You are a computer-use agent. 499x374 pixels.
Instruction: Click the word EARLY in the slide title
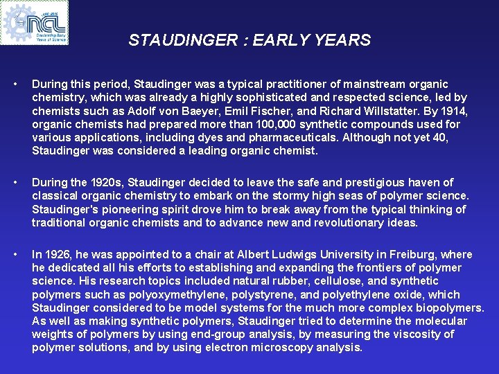click(x=283, y=40)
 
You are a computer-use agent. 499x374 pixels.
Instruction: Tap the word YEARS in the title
click(x=344, y=40)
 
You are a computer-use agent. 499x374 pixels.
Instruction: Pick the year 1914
click(x=455, y=111)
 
